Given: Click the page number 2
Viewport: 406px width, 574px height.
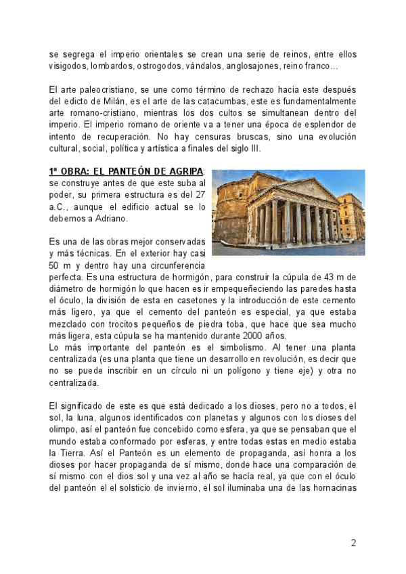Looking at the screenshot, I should point(353,543).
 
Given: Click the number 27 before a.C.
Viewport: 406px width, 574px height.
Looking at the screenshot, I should point(198,195).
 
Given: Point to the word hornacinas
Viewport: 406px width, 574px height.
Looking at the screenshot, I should point(332,487).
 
